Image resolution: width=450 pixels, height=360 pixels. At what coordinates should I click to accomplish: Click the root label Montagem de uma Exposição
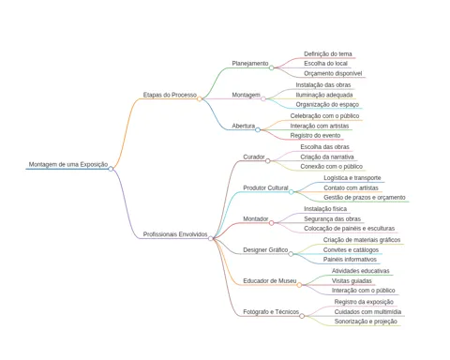(68, 164)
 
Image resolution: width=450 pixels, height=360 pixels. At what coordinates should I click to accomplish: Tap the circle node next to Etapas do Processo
(200, 99)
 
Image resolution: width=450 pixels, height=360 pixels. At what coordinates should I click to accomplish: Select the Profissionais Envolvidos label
(175, 234)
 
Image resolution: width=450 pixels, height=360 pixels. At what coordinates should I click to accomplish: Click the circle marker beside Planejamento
(272, 67)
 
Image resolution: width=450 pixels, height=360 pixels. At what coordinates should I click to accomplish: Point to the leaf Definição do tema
(328, 53)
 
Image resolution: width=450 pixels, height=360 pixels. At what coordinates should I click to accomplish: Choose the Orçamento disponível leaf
(333, 73)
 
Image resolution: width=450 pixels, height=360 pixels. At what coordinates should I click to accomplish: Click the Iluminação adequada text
(324, 95)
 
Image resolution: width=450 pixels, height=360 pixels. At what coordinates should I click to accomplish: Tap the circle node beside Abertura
(258, 129)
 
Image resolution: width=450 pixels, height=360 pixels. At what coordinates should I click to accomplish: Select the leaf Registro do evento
(315, 135)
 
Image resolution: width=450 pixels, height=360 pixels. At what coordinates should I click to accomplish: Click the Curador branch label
(254, 157)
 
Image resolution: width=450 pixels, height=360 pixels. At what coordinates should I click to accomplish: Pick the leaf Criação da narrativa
(327, 157)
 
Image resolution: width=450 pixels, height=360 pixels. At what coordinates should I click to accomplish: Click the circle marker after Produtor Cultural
(292, 192)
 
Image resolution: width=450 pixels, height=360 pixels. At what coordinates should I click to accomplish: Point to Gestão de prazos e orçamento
(365, 198)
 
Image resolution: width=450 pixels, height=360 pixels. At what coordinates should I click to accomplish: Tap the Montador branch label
(256, 218)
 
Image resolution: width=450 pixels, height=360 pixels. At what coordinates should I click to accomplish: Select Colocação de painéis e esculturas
(350, 229)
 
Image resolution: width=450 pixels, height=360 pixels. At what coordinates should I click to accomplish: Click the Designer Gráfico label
(265, 250)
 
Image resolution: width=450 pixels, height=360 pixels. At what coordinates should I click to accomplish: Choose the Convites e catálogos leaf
(351, 250)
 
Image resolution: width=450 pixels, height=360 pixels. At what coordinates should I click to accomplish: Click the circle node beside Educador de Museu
(299, 285)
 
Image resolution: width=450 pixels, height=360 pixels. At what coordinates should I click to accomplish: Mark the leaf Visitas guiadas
(352, 280)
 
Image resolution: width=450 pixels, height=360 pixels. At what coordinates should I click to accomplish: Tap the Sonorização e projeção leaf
(366, 322)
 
